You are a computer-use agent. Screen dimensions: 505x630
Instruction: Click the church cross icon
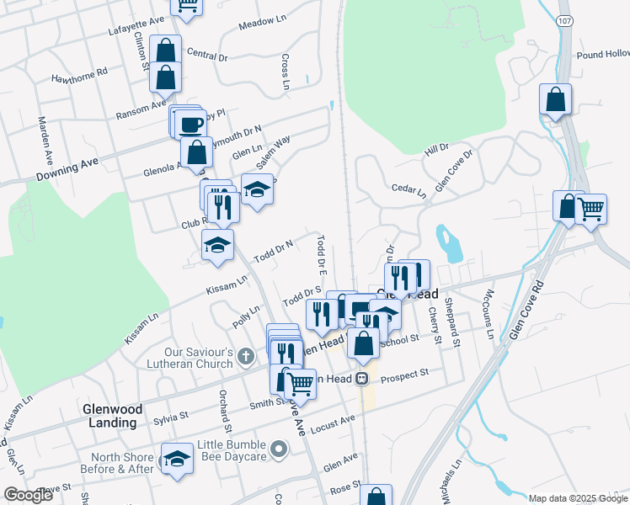tap(245, 357)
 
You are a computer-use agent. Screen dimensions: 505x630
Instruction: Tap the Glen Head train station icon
tap(362, 379)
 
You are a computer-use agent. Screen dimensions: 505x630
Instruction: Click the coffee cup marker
tap(191, 125)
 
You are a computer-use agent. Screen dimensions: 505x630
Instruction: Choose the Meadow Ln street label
tap(258, 26)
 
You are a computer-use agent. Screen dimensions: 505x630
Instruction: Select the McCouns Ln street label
tap(488, 312)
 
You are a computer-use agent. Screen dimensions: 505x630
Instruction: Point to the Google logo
tap(28, 495)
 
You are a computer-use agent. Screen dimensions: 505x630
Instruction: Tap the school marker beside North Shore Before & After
tap(176, 459)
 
